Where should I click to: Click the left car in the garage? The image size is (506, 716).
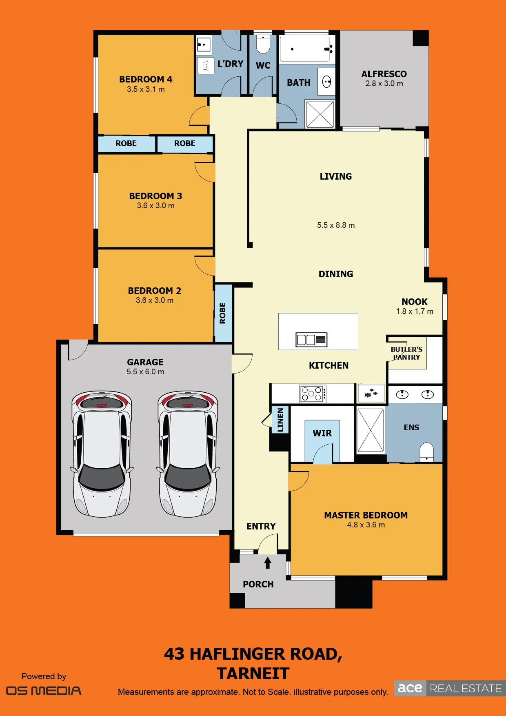102,454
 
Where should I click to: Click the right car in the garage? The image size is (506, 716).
188,454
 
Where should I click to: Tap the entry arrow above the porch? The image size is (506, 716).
268,563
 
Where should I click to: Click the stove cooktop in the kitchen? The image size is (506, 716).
313,394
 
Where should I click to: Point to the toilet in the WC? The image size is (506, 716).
263,44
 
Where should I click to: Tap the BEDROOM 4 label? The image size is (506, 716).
146,79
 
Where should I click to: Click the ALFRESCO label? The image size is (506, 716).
384,74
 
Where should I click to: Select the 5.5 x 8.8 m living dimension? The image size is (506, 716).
336,225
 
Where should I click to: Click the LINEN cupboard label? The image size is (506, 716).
280,420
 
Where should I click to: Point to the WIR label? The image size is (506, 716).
322,433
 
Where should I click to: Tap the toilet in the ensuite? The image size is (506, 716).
427,452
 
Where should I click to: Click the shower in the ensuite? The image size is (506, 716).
371,430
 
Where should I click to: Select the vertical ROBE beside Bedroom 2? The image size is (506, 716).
223,313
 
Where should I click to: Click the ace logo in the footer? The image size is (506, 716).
410,688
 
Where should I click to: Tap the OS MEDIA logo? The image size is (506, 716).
44,691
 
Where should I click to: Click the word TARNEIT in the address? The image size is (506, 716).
253,674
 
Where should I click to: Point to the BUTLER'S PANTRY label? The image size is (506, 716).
406,353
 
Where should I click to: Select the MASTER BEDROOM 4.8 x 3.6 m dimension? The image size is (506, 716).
366,525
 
